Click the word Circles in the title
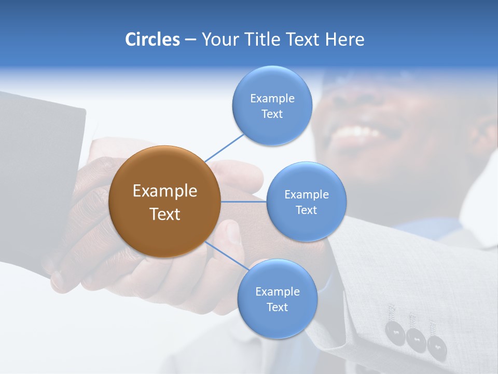(153, 39)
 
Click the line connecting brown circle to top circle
(224, 148)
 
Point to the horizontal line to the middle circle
(244, 202)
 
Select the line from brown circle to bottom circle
(226, 258)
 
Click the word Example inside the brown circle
(164, 191)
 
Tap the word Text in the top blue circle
(272, 114)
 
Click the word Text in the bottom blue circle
(277, 307)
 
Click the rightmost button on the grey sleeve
(434, 344)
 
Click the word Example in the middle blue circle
(306, 195)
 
